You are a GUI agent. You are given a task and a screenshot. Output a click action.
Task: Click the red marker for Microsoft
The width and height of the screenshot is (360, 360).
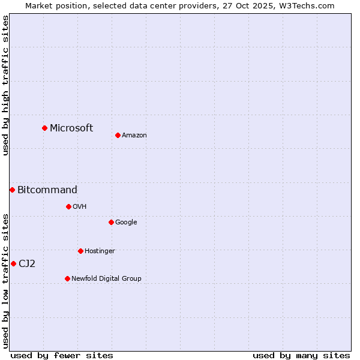click(x=44, y=128)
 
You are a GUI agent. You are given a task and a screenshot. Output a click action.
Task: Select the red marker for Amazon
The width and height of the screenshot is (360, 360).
click(x=118, y=135)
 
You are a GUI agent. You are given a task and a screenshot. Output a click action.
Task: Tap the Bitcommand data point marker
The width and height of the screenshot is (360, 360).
click(x=12, y=190)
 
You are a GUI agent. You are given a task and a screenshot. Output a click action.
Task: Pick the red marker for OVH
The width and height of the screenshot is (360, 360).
click(x=68, y=206)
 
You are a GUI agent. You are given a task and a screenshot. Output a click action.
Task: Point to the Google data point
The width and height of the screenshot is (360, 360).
click(x=111, y=222)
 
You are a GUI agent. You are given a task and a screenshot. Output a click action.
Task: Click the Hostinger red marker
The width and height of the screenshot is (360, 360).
click(x=80, y=251)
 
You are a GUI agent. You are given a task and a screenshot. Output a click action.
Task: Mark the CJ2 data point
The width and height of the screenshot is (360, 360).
click(x=13, y=263)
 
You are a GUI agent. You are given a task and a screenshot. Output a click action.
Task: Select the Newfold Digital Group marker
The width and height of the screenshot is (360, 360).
click(x=67, y=278)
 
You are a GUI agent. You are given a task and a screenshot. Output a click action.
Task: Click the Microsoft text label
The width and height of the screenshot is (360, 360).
click(x=71, y=128)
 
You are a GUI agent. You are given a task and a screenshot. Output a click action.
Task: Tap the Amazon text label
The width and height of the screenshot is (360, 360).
click(x=134, y=135)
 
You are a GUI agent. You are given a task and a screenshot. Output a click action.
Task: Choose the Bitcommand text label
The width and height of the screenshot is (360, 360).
click(x=47, y=190)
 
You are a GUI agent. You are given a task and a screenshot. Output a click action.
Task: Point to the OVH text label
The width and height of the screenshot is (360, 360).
click(x=80, y=206)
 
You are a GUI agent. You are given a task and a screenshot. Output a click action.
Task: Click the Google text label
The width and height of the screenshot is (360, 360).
click(x=126, y=222)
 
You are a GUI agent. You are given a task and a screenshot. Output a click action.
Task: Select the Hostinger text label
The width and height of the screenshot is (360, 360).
click(x=100, y=251)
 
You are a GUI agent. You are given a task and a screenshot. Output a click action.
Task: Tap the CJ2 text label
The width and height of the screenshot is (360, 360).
click(x=27, y=263)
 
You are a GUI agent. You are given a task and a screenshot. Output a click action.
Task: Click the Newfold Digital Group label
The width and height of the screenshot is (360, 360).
click(x=106, y=278)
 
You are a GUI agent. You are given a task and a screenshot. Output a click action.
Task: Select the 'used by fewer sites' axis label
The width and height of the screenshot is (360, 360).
click(x=62, y=355)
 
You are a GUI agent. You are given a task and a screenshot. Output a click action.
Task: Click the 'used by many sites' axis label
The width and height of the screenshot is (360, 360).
click(x=301, y=355)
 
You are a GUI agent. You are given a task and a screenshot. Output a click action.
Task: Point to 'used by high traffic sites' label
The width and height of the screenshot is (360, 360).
click(x=5, y=85)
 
